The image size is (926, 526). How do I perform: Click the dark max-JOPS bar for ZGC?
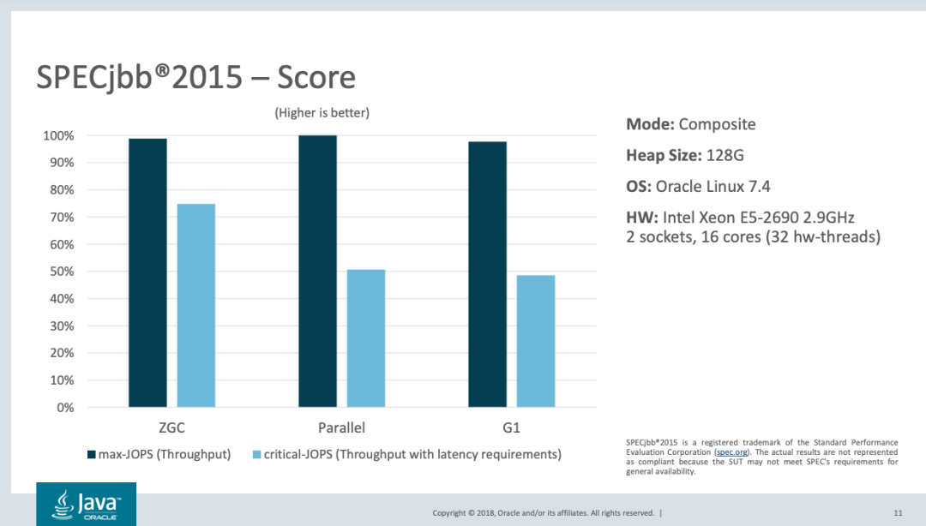tap(147, 272)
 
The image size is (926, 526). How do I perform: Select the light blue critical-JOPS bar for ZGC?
tap(196, 305)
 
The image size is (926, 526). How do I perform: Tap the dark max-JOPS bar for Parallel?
tap(317, 271)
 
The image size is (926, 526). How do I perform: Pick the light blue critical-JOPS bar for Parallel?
tap(366, 338)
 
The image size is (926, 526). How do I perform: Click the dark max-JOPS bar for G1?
tap(487, 274)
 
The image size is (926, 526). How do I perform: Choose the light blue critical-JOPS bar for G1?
tap(536, 341)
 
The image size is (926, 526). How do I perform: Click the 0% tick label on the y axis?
tap(64, 407)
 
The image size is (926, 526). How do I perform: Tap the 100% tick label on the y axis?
tap(57, 135)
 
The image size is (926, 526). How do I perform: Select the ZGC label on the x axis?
tap(171, 427)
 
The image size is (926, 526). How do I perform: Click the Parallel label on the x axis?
tap(341, 427)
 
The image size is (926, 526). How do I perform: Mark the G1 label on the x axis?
tap(511, 427)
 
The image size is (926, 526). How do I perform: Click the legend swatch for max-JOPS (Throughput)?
tap(92, 454)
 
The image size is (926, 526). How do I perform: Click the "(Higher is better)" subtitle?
tap(322, 113)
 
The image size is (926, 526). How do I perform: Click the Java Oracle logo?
tap(86, 504)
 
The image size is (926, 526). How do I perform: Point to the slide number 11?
tap(898, 513)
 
